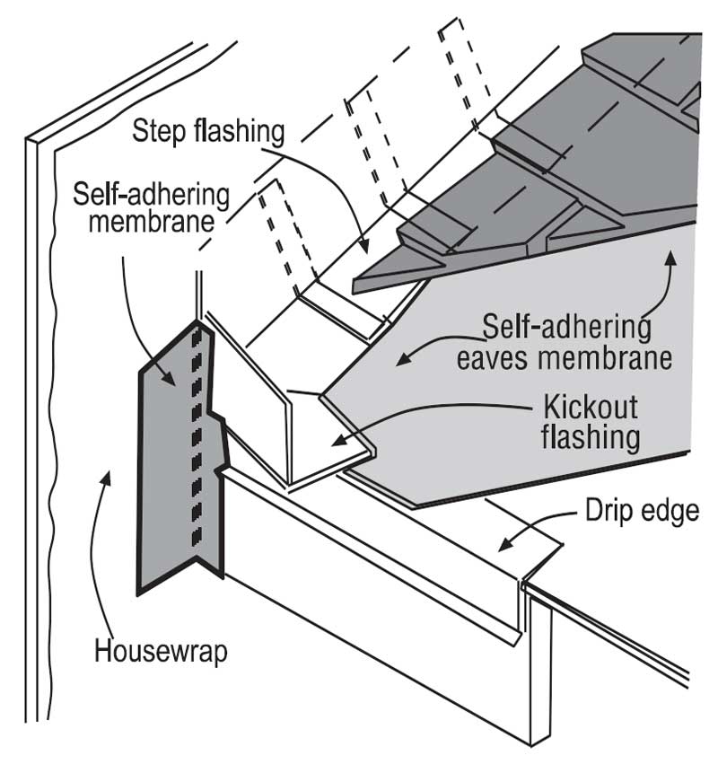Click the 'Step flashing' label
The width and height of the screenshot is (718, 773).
coord(208,131)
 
